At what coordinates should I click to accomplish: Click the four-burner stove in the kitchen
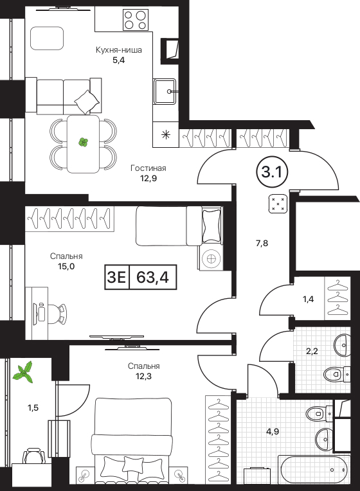[x=136, y=20]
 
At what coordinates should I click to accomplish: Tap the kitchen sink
[x=164, y=91]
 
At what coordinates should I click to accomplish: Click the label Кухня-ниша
[x=119, y=49]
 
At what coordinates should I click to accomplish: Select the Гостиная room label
[x=148, y=168]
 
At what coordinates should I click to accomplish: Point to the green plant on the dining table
[x=83, y=143]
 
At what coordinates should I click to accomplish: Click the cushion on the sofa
[x=87, y=102]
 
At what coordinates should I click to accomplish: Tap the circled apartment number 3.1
[x=272, y=172]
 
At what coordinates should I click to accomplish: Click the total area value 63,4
[x=152, y=277]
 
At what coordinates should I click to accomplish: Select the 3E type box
[x=116, y=277]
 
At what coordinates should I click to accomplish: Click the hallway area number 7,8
[x=262, y=243]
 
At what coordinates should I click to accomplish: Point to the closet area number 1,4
[x=308, y=299]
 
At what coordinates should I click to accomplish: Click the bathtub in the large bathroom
[x=314, y=470]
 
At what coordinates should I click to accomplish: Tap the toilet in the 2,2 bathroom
[x=336, y=373]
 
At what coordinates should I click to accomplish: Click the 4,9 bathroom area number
[x=273, y=431]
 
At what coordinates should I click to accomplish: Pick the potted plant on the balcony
[x=24, y=371]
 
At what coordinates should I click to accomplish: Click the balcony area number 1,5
[x=33, y=407]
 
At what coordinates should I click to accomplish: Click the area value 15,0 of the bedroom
[x=66, y=267]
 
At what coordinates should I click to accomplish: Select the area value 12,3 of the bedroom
[x=144, y=376]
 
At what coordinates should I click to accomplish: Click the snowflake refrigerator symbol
[x=166, y=135]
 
